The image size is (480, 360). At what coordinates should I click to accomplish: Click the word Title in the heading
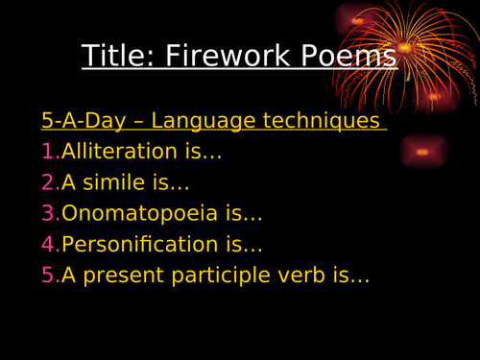(111, 56)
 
